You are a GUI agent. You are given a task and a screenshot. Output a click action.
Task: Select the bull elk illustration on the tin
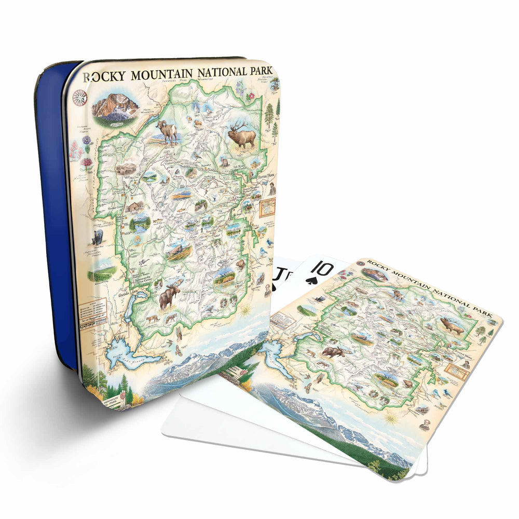tap(243, 136)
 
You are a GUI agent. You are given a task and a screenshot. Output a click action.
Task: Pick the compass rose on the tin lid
tap(80, 97)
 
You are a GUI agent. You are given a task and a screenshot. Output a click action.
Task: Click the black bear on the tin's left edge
tap(97, 237)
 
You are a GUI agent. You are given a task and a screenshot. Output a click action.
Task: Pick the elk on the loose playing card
tap(452, 326)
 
